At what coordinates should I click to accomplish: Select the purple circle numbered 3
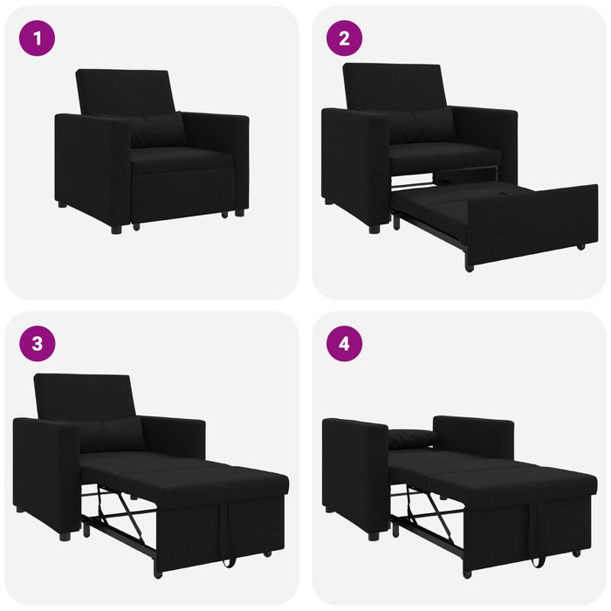pyautogui.click(x=38, y=343)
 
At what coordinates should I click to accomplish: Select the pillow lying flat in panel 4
pyautogui.click(x=410, y=437)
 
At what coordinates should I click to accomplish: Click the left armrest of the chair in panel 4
pyautogui.click(x=354, y=471)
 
